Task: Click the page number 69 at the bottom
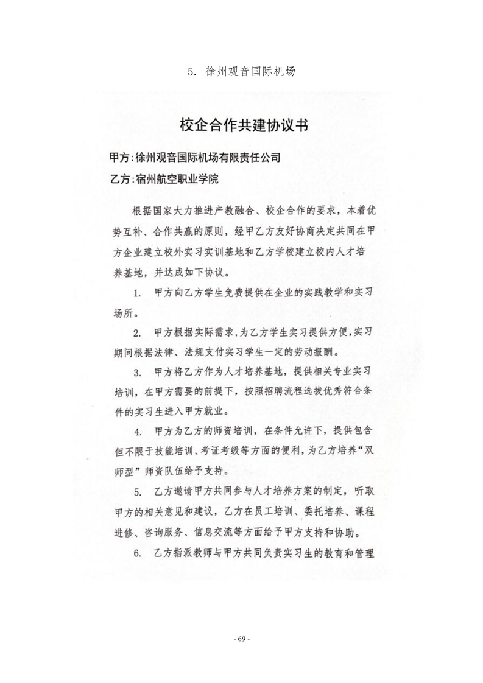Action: coord(242,639)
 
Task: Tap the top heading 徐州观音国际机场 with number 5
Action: coord(242,71)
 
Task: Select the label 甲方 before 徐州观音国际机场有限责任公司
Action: coord(119,158)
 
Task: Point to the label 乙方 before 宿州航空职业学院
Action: coord(119,180)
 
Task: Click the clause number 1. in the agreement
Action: coord(138,293)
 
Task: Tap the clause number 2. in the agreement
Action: coord(138,333)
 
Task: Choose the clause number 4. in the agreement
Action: coord(138,432)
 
